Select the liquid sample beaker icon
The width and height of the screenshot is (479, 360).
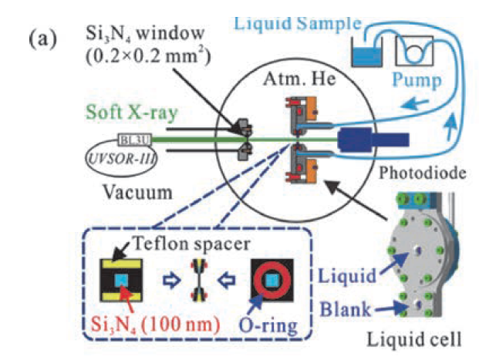tap(361, 50)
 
